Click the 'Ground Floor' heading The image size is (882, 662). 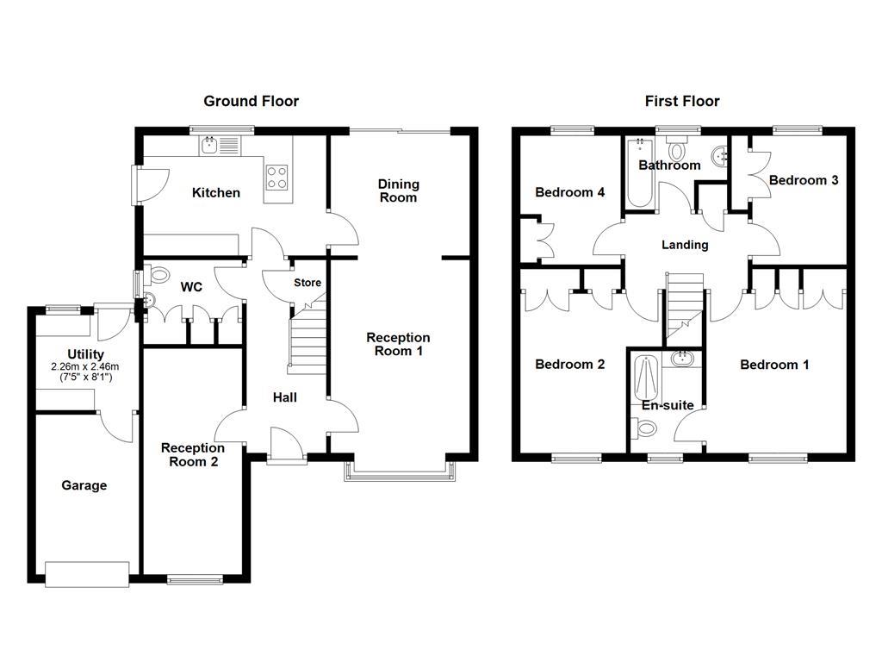click(251, 101)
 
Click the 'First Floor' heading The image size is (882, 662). click(682, 101)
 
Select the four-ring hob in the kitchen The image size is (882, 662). click(276, 176)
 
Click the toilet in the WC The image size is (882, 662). click(158, 275)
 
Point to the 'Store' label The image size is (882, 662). click(307, 283)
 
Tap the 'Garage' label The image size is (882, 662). click(84, 485)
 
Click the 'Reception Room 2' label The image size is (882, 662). click(193, 454)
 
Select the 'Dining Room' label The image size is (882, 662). click(398, 190)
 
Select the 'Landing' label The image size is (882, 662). click(685, 245)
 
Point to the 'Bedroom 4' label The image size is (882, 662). click(569, 192)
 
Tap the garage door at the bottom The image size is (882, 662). click(87, 575)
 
